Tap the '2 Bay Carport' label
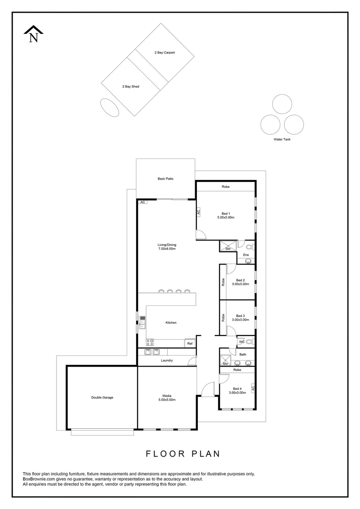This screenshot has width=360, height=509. tap(164, 53)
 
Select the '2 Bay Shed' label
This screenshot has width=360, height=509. tap(131, 87)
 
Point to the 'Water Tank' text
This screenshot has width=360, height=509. tap(282, 140)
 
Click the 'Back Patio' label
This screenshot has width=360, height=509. tap(165, 179)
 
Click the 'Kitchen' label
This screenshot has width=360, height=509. tap(171, 322)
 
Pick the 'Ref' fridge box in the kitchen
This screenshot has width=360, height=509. tap(189, 344)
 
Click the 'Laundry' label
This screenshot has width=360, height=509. tap(167, 361)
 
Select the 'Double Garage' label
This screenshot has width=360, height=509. tap(102, 397)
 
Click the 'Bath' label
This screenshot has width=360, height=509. tap(243, 354)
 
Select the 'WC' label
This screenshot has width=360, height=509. tap(241, 342)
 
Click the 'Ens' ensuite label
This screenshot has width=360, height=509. tap(245, 255)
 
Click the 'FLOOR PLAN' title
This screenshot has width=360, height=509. tap(183, 454)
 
